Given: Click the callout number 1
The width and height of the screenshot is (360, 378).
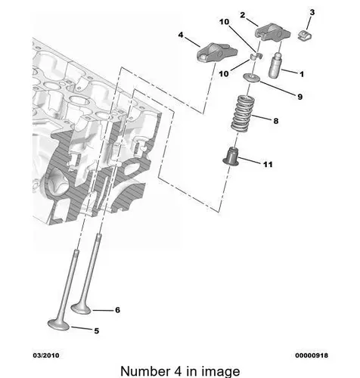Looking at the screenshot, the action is click(302, 74).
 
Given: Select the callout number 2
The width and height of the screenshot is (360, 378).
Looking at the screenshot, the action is click(243, 15).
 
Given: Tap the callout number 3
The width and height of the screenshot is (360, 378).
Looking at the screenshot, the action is click(312, 12).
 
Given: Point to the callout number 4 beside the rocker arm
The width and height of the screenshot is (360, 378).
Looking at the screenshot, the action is click(181, 35).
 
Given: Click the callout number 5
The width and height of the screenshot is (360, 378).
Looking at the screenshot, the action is click(97, 331).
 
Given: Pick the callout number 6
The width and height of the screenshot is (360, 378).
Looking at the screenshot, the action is click(117, 310).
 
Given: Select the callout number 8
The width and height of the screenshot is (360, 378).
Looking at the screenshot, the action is click(276, 121).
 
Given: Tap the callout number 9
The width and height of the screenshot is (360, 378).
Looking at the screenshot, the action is click(300, 97).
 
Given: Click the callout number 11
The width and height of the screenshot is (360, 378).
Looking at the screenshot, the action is click(268, 165).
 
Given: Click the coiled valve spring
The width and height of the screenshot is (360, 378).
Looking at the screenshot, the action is click(243, 114).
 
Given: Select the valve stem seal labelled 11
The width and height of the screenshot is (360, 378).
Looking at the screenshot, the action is click(231, 156).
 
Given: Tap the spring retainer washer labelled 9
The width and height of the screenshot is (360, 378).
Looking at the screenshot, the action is click(251, 78).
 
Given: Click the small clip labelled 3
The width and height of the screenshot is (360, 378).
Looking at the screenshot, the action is click(304, 36).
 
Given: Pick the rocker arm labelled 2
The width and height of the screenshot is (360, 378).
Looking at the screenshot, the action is click(272, 32).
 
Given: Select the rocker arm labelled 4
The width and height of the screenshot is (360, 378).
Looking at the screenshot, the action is click(216, 52).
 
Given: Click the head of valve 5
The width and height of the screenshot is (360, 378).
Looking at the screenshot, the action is click(58, 324).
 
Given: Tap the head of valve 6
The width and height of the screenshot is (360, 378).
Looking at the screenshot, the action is click(81, 308).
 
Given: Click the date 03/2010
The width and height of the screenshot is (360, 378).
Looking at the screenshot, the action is click(46, 355).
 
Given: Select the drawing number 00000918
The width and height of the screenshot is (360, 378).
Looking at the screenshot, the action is click(312, 355).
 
